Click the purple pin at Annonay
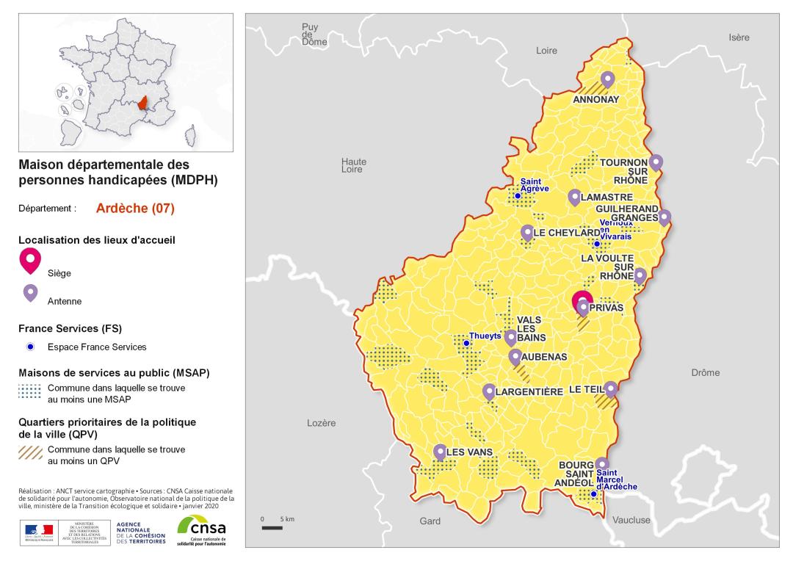[607, 79]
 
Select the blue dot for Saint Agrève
[518, 196]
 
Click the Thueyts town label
[485, 336]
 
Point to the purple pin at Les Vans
[440, 452]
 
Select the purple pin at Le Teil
[611, 388]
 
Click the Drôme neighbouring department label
[705, 372]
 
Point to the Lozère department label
[321, 423]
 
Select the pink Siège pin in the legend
[30, 259]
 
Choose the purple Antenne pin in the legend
[30, 293]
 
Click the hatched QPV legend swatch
[29, 452]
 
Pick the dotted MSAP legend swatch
[29, 391]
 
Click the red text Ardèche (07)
[135, 208]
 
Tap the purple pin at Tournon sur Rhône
[656, 162]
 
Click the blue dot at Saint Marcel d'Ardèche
[594, 494]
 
